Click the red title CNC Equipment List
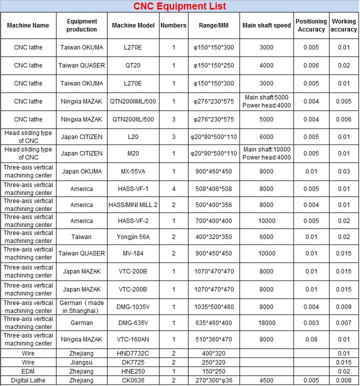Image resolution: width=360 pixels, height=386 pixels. coord(179,6)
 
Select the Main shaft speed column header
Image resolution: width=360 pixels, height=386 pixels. coord(266,25)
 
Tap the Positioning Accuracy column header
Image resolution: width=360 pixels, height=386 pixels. coord(311,25)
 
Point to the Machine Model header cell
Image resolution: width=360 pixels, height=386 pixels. coord(133,25)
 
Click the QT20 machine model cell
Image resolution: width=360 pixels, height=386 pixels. coord(133,65)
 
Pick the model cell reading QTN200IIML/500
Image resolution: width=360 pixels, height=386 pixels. coord(133,101)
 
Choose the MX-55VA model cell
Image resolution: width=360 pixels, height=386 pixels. coord(133,171)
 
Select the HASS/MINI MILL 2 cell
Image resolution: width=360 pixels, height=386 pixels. coord(133,205)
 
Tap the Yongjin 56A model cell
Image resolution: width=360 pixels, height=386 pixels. coord(133,237)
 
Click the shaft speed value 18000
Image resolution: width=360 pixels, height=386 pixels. coord(266,323)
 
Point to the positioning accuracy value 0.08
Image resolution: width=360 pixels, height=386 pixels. coord(311,339)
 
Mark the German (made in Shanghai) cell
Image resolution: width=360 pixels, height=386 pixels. coord(81,307)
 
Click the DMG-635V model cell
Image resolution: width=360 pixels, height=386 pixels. coord(133,323)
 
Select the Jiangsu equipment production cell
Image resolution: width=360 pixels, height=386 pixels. coord(81,362)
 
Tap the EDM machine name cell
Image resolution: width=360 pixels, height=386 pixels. coord(28,371)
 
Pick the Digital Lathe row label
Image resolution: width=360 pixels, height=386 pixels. coord(28,380)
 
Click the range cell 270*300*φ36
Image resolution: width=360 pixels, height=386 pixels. coord(213,380)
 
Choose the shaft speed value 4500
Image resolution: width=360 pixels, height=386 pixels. coord(266,380)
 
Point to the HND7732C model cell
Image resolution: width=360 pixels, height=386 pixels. coord(133,353)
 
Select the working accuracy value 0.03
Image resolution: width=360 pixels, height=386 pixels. coord(344,171)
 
